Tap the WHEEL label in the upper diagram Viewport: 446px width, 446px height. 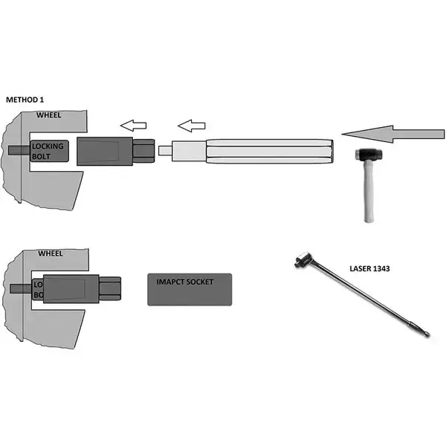(50, 116)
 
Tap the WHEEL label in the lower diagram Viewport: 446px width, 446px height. (50, 253)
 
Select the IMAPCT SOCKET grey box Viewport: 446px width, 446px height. (190, 288)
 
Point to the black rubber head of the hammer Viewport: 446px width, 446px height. (365, 156)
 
